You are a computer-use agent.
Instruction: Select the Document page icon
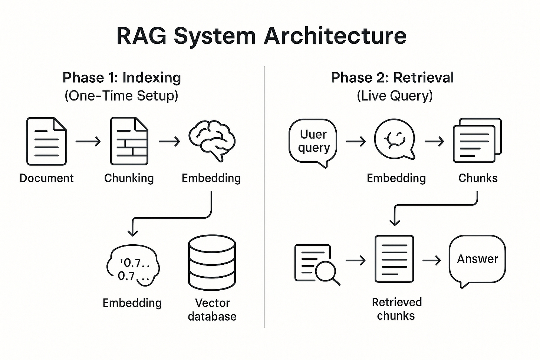click(46, 141)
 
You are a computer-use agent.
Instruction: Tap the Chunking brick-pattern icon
click(129, 141)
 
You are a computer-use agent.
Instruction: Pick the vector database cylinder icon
click(212, 263)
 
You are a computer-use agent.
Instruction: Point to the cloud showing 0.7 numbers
click(133, 267)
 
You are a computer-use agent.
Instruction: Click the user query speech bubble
click(313, 142)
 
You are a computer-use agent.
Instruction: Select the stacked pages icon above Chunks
click(477, 141)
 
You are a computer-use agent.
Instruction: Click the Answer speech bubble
click(477, 260)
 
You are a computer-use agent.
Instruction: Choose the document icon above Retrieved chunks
click(394, 259)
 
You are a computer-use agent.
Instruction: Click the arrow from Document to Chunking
click(88, 141)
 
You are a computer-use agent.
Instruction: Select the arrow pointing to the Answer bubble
click(432, 260)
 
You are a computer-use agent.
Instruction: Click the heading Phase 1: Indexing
click(122, 78)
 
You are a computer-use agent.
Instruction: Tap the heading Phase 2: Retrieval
click(392, 78)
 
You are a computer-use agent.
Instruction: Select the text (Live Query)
click(394, 96)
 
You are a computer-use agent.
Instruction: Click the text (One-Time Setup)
click(121, 96)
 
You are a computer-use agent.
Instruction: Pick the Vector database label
click(212, 310)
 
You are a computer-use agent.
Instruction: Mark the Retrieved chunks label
click(396, 309)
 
